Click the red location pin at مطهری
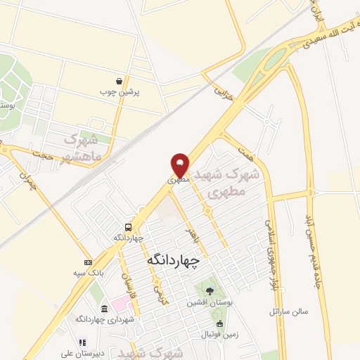(x=181, y=165)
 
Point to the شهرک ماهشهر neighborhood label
(x=82, y=146)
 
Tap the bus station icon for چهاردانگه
(x=128, y=227)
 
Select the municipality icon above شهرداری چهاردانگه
(x=104, y=309)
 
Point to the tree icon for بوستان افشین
(x=207, y=291)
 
